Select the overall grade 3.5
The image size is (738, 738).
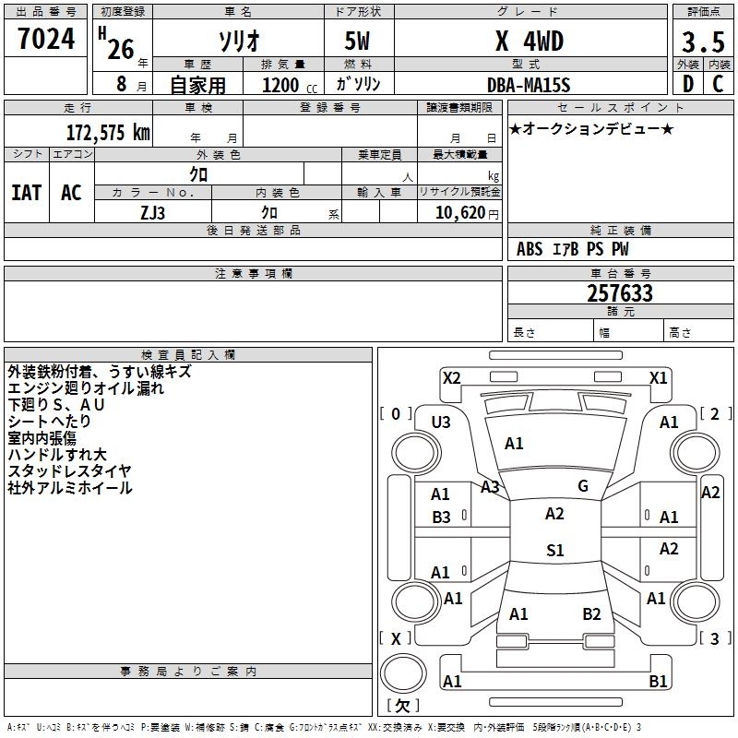point(702,42)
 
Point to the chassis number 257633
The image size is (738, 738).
point(620,293)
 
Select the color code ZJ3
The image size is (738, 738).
point(153,211)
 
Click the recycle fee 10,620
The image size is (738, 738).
point(458,212)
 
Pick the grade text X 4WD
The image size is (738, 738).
point(530,42)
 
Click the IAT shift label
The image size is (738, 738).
point(26,192)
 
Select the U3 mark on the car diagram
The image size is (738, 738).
point(441,423)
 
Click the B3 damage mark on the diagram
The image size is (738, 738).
point(441,518)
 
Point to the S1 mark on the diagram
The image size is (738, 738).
point(554,551)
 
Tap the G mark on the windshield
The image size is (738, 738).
point(583,486)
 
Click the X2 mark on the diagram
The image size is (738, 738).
point(451,377)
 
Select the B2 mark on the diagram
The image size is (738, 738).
point(591,613)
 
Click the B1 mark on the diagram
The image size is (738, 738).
point(659,682)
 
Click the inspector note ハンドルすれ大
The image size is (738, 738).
point(57,454)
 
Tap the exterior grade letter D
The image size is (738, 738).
point(687,84)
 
